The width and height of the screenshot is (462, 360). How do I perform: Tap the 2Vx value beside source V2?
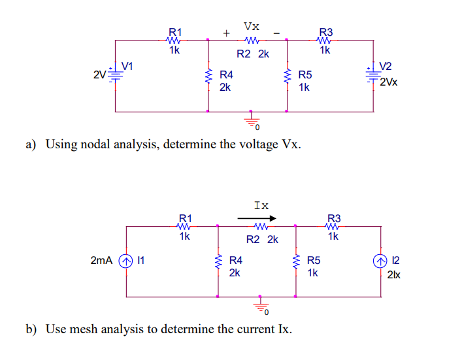(x=389, y=83)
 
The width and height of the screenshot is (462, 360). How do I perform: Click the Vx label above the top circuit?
(x=251, y=26)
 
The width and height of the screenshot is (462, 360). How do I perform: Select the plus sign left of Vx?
(x=226, y=32)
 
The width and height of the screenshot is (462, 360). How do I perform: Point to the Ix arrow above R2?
(x=257, y=218)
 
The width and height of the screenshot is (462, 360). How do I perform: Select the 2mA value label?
(x=103, y=261)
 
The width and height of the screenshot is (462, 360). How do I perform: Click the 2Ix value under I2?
(x=395, y=275)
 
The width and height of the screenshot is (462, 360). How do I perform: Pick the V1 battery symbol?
(x=116, y=76)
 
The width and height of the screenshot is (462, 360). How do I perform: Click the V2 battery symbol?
(x=373, y=76)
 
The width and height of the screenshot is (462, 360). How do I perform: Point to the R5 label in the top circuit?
(x=305, y=75)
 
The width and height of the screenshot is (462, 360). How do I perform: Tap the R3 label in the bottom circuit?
(x=333, y=218)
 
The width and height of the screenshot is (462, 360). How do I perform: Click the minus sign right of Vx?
(x=277, y=32)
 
